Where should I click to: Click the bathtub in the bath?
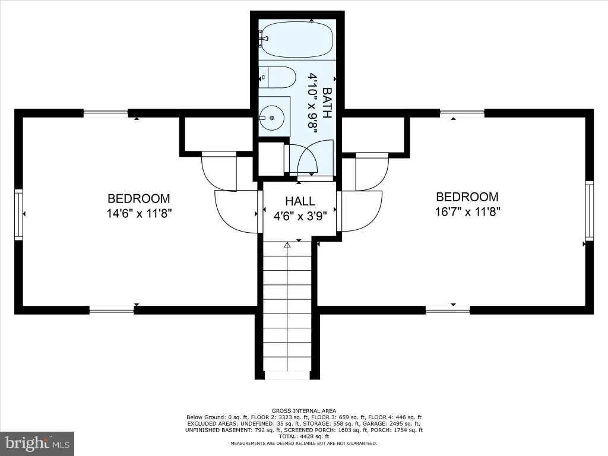coord(297,39)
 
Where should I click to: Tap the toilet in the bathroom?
coord(277,77)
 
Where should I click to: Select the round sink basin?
coord(272,117)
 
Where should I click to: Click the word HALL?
coord(300,201)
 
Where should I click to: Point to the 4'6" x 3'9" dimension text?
coord(300,216)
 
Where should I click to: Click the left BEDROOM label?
coord(139,198)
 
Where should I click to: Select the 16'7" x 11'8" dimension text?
coord(468,212)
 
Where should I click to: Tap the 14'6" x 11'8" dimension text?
coord(139,213)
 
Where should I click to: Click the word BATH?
coord(327,103)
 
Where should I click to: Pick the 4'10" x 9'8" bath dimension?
coord(312,103)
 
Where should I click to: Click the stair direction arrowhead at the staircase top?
coord(287,245)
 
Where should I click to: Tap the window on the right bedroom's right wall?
coord(590,211)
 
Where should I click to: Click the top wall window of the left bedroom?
coord(106,113)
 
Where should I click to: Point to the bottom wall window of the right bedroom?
coord(448,310)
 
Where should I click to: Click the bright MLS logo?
coord(37,443)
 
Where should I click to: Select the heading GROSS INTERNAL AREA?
coord(304,411)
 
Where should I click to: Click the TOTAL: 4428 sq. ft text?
coord(304,436)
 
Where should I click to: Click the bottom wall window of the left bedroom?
coord(112,310)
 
